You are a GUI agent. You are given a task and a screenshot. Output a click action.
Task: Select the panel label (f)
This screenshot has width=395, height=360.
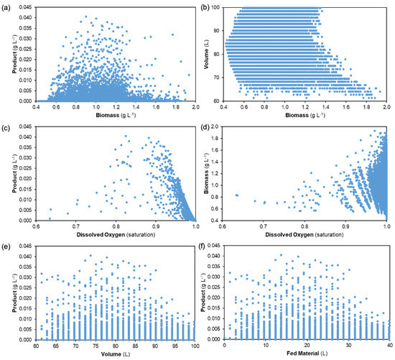click(x=208, y=249)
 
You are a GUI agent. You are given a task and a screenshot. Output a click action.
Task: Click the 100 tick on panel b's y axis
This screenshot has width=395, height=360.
click(x=231, y=8)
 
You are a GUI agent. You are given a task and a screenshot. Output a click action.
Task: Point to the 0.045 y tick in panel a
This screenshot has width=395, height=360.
click(x=29, y=8)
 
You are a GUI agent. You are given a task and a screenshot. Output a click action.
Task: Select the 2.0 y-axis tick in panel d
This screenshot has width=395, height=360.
click(x=233, y=129)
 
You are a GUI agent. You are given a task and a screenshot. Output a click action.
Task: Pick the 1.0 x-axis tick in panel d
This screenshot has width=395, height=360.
click(x=387, y=226)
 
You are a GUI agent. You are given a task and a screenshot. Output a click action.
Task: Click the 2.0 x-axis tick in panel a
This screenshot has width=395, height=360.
click(x=196, y=107)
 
